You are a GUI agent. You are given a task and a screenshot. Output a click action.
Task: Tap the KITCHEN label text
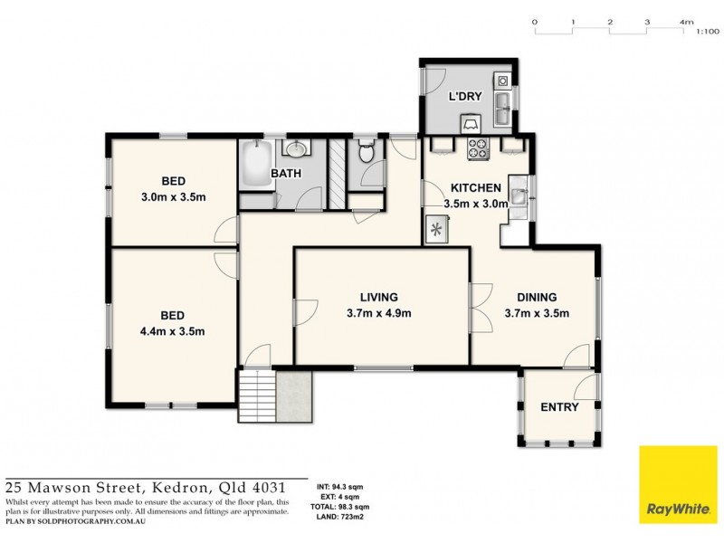coord(476,187)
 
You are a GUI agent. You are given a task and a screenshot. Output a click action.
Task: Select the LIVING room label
coord(378,297)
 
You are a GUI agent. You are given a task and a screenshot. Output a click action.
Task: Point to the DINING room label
coord(536,297)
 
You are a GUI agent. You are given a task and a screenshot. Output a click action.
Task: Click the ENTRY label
coord(559,407)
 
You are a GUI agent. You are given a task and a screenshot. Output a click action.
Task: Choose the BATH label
coord(286,173)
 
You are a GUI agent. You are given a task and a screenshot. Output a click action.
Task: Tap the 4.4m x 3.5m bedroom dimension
coord(172,331)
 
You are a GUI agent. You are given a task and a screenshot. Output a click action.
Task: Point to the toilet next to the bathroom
coord(366,155)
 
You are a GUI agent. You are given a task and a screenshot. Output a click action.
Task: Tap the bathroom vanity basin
coord(297,149)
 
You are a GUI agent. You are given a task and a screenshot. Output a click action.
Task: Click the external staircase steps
coord(256,396)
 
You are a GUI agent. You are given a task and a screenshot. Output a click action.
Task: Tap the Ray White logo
coord(678,485)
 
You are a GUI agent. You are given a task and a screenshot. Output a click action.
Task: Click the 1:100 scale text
coord(707,32)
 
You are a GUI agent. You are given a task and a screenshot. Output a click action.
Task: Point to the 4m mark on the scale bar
coord(686,21)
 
